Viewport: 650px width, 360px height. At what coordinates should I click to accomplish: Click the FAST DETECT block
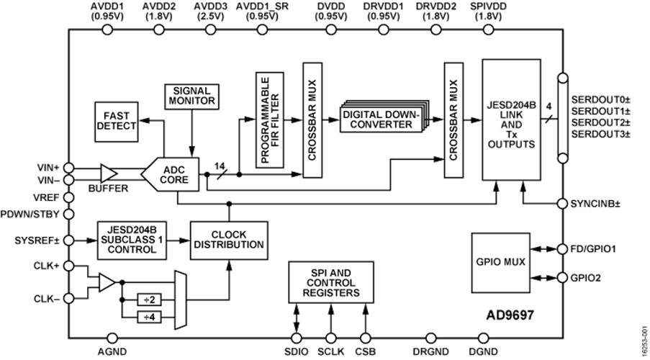point(117,122)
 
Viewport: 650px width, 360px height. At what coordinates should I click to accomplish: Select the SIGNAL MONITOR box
point(191,96)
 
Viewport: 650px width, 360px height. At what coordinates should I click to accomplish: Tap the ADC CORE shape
point(171,174)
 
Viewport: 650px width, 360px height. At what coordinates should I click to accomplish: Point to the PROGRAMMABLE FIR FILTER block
point(270,120)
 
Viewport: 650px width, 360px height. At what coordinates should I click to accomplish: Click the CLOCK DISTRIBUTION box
point(229,240)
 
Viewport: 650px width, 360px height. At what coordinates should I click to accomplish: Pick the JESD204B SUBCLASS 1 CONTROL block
point(132,240)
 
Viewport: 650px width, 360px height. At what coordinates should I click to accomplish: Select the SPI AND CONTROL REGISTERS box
point(331,282)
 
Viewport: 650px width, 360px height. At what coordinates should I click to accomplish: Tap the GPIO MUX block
point(501,263)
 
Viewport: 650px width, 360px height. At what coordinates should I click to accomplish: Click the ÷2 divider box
point(149,299)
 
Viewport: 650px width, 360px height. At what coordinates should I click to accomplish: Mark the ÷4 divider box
point(149,318)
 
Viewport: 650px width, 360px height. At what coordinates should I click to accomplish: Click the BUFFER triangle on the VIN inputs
point(109,174)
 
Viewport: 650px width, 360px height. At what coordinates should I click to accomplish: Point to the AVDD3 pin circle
point(211,30)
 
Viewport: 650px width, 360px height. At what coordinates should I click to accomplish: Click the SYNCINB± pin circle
point(562,204)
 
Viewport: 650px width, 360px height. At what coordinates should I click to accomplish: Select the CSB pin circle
point(365,338)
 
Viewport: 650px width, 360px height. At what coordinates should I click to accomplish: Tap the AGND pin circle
point(112,338)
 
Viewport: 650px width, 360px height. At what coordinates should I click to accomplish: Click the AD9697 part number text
point(510,315)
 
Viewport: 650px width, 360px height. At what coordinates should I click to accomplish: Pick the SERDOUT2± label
point(600,122)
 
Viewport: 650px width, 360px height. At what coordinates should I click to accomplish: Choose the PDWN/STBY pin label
point(30,215)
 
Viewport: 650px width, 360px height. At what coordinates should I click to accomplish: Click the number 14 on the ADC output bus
point(220,166)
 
